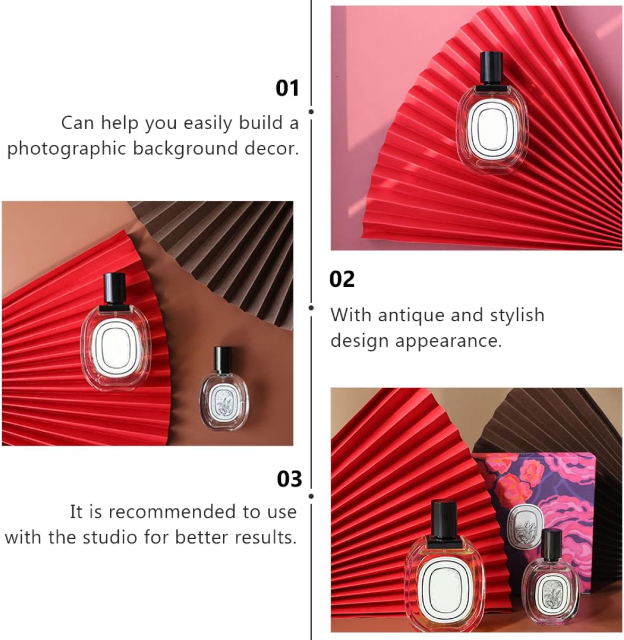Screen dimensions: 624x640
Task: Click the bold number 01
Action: [x=287, y=88]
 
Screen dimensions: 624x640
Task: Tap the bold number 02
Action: [x=342, y=279]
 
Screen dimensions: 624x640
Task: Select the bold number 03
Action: [x=289, y=479]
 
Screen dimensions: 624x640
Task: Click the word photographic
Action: [x=67, y=149]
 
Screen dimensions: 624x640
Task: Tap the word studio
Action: [x=109, y=537]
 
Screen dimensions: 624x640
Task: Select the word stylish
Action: [x=517, y=315]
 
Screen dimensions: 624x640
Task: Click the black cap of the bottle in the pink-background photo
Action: [x=492, y=68]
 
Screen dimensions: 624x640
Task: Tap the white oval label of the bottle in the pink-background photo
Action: [x=492, y=130]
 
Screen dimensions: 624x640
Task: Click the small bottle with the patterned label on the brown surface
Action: [x=224, y=389]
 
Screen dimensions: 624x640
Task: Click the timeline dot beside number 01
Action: [x=311, y=112]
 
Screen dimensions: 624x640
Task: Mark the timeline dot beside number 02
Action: [x=311, y=308]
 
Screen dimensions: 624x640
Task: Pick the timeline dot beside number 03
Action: [x=311, y=496]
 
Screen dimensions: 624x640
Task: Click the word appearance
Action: [x=449, y=341]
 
